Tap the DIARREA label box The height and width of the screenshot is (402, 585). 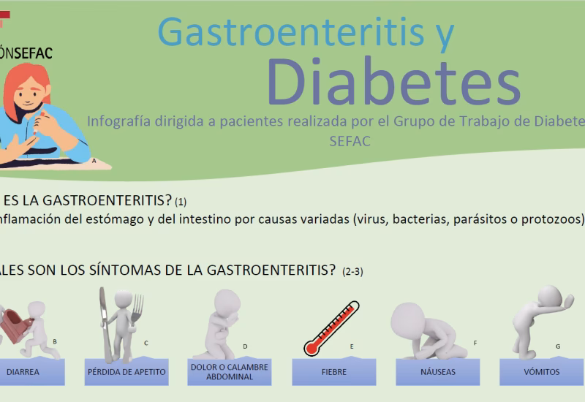click(x=23, y=372)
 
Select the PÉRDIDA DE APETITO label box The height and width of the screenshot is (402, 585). click(x=127, y=372)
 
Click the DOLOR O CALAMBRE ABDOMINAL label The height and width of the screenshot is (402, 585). click(x=230, y=371)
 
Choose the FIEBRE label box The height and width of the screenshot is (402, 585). click(x=333, y=372)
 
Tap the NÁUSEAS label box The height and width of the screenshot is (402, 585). click(x=437, y=372)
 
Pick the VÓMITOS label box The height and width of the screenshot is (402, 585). click(x=541, y=372)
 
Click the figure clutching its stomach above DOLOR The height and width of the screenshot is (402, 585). click(x=224, y=322)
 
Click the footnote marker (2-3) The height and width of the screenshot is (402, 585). click(x=352, y=272)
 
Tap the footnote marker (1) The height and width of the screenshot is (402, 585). click(x=181, y=202)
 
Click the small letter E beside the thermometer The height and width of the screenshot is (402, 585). click(x=352, y=346)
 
